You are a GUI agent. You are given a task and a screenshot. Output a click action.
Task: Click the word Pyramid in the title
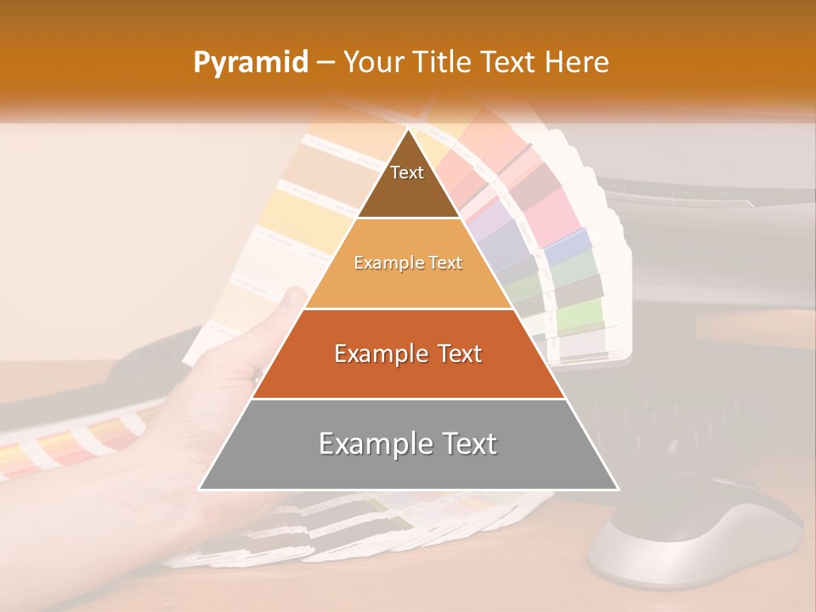pyautogui.click(x=250, y=63)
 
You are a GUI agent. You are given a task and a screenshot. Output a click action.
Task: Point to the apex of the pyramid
pyautogui.click(x=408, y=131)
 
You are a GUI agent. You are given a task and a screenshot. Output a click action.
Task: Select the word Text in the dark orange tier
pyautogui.click(x=452, y=354)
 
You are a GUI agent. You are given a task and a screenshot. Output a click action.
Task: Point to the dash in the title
pyautogui.click(x=326, y=63)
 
